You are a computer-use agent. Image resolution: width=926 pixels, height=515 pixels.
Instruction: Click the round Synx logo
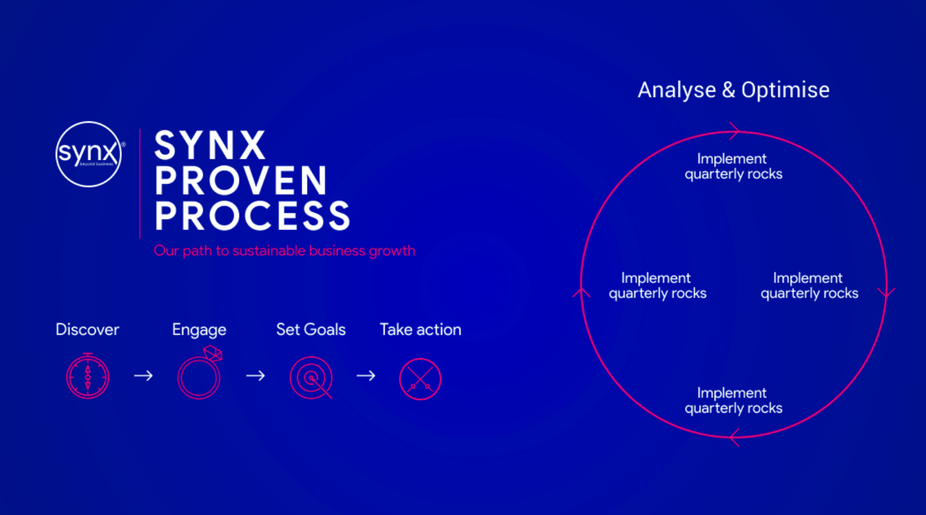click(88, 154)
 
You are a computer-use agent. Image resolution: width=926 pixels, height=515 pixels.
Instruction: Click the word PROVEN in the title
click(241, 181)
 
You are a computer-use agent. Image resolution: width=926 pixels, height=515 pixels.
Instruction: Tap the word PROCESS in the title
click(252, 216)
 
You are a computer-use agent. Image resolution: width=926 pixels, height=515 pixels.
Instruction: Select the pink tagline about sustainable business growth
click(284, 251)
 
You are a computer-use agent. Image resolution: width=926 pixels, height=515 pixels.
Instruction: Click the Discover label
click(87, 329)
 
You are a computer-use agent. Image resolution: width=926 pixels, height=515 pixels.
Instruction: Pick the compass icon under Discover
click(88, 377)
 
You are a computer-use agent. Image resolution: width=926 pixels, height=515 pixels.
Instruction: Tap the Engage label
click(199, 329)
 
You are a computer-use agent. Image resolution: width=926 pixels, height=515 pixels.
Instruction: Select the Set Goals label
click(311, 329)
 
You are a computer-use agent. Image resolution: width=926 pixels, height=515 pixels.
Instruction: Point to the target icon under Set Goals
click(311, 378)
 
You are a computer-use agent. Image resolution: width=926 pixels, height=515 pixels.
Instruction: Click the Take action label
click(420, 329)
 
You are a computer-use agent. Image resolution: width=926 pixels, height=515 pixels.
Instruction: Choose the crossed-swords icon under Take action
click(420, 379)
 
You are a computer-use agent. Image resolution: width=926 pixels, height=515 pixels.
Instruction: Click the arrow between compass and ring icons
click(143, 376)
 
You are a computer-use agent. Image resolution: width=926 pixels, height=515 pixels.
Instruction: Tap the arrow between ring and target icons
click(255, 376)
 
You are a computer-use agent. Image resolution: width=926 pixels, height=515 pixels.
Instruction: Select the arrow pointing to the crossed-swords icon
click(366, 376)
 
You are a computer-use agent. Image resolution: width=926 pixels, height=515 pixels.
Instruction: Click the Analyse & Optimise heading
click(733, 90)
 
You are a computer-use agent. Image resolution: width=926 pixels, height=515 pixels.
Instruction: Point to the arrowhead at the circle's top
click(734, 131)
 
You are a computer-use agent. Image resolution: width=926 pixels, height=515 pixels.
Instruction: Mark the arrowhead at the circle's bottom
click(734, 437)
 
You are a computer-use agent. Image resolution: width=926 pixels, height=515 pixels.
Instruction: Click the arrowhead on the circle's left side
click(581, 292)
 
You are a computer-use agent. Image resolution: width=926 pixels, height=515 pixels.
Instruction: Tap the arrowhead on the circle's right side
click(886, 292)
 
